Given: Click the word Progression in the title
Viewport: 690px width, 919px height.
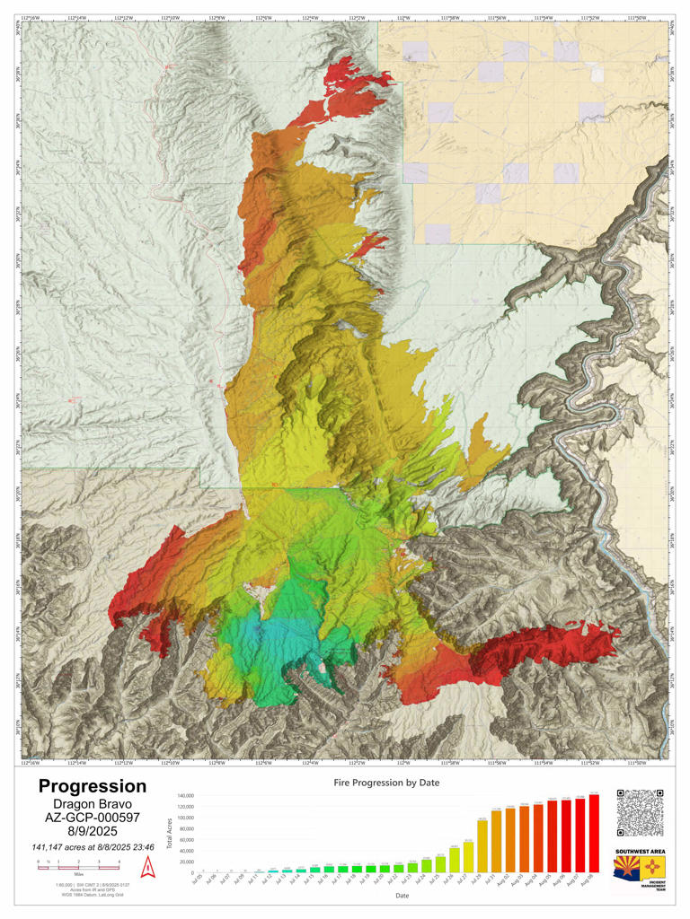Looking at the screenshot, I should point(92,787).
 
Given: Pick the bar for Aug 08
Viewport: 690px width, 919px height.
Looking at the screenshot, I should point(594,834).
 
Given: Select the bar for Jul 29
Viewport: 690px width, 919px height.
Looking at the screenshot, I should point(482,846).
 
